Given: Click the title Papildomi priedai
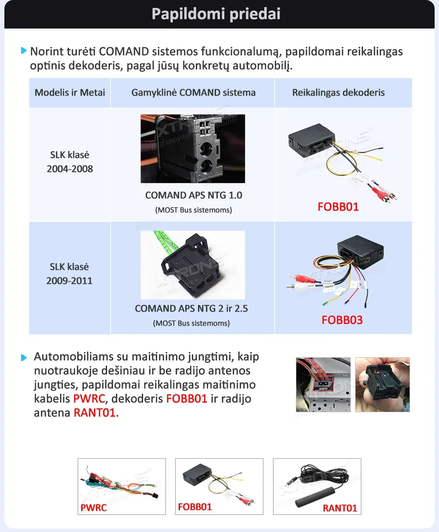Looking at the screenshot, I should pos(216,14).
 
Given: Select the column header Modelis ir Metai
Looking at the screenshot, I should pos(70,93).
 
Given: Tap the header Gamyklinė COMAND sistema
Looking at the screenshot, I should pos(193,93).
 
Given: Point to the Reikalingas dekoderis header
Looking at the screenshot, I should pos(338,93).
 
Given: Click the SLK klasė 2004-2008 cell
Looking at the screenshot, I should pos(70,162).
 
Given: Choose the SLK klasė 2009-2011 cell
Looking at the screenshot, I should pos(69,273).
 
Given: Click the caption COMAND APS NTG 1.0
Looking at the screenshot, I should pos(194,195).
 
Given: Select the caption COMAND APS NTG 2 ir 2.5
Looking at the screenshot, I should pos(191,309).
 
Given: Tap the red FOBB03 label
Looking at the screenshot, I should pos(342,320).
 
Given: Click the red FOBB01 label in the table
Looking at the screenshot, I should pos(338,207).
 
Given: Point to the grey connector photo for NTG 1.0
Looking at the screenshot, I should pos(193,148).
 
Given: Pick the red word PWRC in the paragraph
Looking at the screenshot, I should pos(90,399).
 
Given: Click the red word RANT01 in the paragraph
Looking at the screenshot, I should pos(94,413).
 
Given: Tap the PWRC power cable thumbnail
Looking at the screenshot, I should pos(122,486).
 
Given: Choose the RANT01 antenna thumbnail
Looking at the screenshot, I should pos(317,486).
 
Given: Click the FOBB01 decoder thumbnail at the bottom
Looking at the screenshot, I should pos(219,486).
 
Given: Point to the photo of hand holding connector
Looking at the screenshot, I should pos(382,385).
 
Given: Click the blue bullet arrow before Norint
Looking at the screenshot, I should pos(24,51).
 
